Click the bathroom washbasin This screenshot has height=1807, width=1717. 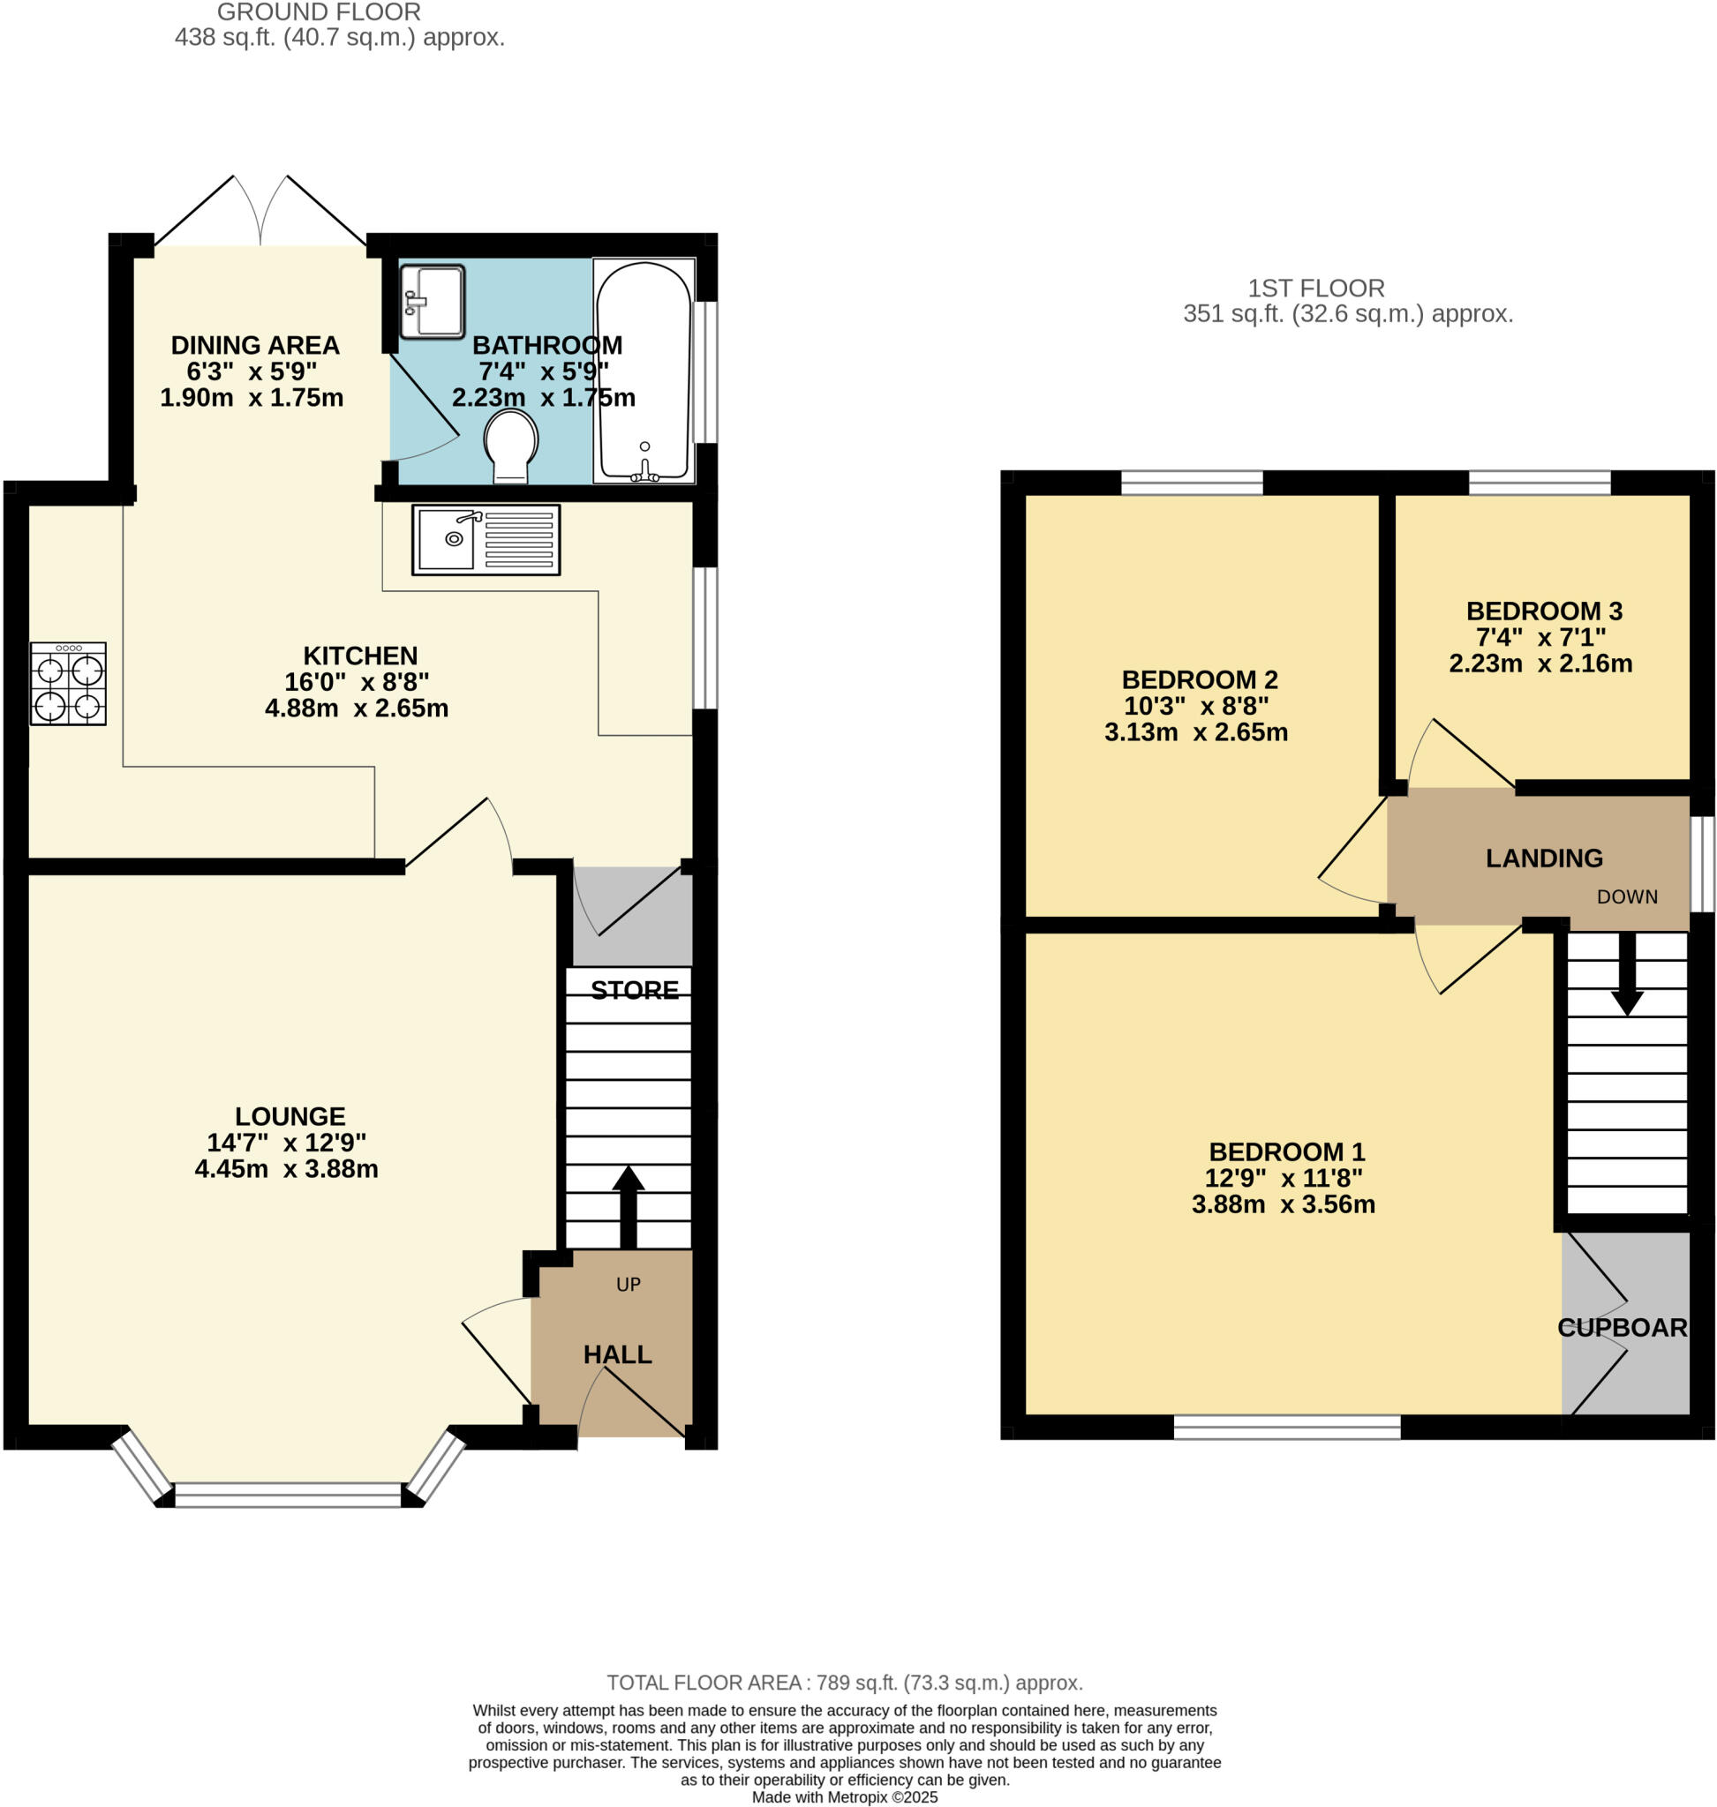click(432, 302)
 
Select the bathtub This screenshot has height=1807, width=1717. click(644, 371)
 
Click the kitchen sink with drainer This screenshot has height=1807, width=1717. click(485, 540)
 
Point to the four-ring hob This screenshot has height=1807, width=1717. click(68, 684)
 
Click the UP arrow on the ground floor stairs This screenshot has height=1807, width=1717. click(628, 1206)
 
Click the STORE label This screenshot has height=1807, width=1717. click(634, 990)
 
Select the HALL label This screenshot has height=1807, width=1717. click(618, 1354)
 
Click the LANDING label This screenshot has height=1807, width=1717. click(1544, 859)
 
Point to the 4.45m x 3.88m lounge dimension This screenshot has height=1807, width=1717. click(287, 1168)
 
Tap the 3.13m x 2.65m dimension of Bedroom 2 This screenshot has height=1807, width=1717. click(1195, 732)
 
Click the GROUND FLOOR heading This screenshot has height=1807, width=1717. click(319, 13)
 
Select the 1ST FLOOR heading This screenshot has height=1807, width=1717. click(1316, 289)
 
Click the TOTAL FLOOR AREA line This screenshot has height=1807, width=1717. click(844, 1683)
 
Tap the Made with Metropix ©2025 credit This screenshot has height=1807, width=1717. click(844, 1797)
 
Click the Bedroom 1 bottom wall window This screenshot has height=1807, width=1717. click(1286, 1428)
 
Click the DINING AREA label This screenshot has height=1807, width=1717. click(254, 346)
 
